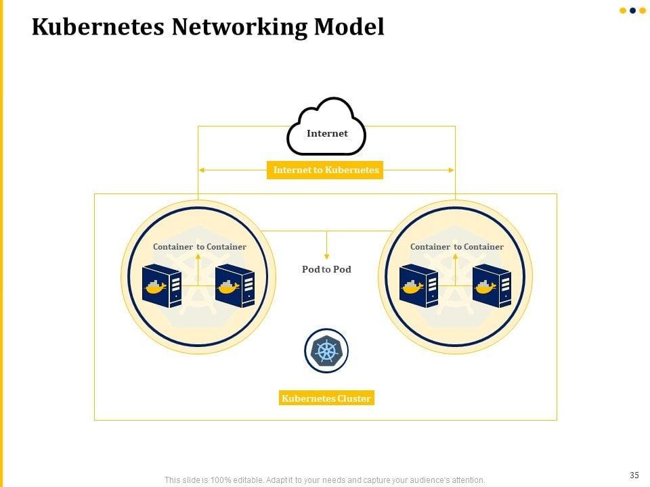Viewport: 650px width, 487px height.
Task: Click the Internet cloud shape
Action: pos(327,127)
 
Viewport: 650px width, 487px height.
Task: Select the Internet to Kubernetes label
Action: pos(326,170)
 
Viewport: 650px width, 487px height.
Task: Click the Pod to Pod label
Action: pos(326,269)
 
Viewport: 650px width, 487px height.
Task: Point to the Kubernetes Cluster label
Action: pos(326,398)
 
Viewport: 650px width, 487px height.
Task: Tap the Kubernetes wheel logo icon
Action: pos(326,351)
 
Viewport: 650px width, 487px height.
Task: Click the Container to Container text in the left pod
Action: pos(199,247)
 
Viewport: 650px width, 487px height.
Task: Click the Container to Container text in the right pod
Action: pos(456,247)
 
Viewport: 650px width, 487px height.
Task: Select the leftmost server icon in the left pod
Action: pos(162,285)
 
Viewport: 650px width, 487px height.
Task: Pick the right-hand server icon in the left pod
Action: pos(234,285)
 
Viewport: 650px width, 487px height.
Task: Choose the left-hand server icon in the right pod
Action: pos(418,285)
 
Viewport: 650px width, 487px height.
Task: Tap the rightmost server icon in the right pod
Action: pos(492,285)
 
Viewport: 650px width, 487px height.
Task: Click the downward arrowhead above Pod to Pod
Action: pos(326,256)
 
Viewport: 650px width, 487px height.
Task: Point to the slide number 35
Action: pos(634,475)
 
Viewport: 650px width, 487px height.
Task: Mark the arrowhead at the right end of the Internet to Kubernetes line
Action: pos(452,170)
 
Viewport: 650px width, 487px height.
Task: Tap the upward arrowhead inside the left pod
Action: pos(198,256)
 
